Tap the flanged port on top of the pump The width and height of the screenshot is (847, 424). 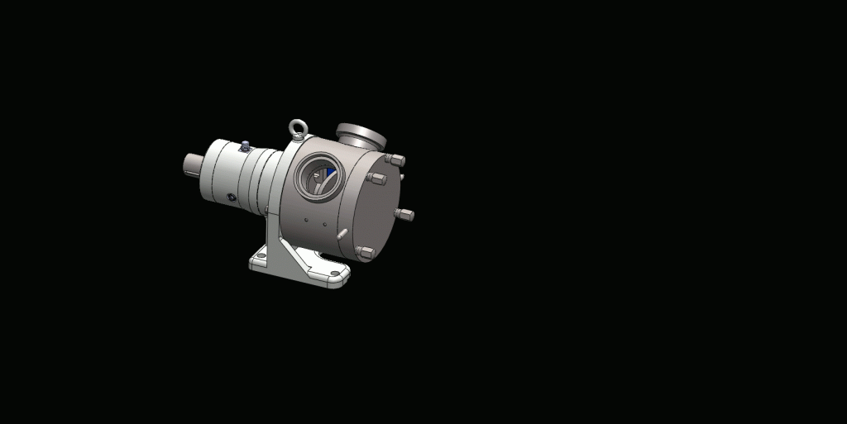(x=360, y=133)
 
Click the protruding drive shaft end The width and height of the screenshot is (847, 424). (x=192, y=164)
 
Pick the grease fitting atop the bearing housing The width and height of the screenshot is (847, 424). (x=245, y=146)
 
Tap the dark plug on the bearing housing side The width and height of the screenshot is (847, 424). (x=232, y=198)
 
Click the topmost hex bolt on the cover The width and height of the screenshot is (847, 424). (x=396, y=160)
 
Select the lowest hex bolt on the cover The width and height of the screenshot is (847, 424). (x=365, y=253)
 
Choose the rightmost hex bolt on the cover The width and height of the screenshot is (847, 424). (x=405, y=215)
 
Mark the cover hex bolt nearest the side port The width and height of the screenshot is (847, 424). (x=377, y=179)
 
